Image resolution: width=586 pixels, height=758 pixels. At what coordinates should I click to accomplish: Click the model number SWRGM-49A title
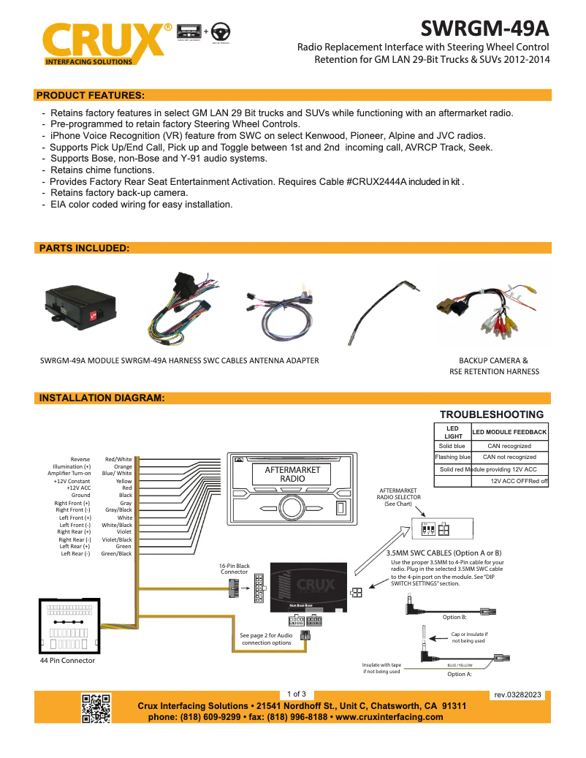point(484,29)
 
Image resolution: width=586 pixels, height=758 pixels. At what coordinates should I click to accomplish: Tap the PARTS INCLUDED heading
point(83,249)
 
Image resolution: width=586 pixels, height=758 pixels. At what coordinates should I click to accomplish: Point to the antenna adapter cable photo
point(381,311)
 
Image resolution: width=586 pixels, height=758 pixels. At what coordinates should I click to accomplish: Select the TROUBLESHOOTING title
point(491,414)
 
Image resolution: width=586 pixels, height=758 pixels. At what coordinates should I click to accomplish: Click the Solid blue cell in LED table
point(452,446)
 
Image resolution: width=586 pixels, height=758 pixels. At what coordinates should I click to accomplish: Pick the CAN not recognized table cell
point(509,457)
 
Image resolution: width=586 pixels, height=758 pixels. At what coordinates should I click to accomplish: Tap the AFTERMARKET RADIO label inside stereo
point(292,474)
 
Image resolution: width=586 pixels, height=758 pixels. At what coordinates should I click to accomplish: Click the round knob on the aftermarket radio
point(292,509)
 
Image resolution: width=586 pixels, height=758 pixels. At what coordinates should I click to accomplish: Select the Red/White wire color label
point(118,459)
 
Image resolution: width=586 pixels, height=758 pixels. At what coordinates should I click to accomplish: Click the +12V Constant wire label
point(72,481)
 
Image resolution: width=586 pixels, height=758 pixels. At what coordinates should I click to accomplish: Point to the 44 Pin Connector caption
point(67,661)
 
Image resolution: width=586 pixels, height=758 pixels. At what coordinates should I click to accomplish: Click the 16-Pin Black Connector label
point(234,569)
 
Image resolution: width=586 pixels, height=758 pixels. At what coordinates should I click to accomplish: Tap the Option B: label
point(454,618)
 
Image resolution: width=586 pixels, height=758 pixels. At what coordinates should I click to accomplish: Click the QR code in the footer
point(96,708)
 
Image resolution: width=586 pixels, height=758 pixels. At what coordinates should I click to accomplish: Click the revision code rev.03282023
point(517,695)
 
